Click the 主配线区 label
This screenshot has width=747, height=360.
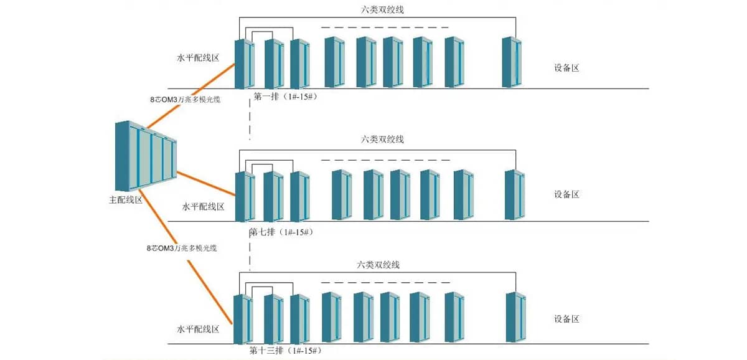(126, 200)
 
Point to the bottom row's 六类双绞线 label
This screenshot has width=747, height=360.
(378, 265)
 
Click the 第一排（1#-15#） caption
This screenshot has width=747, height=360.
(284, 97)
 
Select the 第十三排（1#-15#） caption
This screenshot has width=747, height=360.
(286, 351)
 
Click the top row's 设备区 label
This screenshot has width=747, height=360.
(566, 69)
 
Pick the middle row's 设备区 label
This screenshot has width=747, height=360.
(566, 194)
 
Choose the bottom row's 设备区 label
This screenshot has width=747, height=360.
(566, 319)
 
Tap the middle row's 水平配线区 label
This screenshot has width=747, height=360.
(203, 206)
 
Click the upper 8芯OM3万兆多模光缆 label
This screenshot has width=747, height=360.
(186, 99)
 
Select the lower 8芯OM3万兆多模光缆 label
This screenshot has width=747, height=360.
(181, 248)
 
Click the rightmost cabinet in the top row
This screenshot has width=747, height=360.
(512, 62)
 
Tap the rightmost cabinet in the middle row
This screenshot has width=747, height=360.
(514, 195)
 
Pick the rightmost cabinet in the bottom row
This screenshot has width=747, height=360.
(516, 317)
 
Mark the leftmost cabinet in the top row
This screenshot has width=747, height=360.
(244, 64)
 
